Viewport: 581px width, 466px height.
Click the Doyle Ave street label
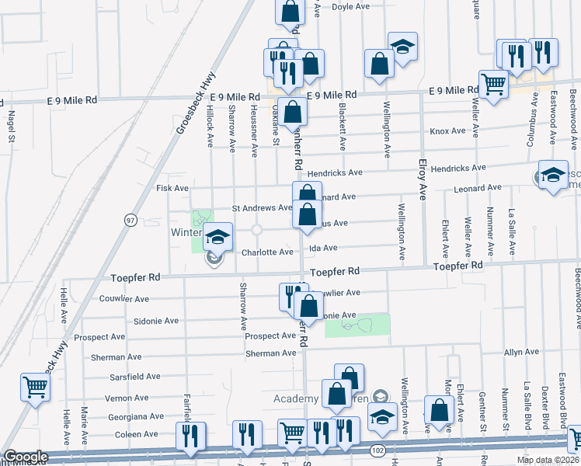[350, 7]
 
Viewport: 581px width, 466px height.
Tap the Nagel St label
[12, 127]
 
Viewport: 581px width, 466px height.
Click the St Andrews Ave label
[262, 208]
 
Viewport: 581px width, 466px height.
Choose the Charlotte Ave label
[266, 252]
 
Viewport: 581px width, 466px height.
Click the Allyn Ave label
[521, 353]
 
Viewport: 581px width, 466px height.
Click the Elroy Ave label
[423, 179]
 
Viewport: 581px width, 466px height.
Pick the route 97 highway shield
[130, 221]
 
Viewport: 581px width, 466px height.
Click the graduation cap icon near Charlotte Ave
[218, 237]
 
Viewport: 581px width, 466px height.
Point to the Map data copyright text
[547, 460]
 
